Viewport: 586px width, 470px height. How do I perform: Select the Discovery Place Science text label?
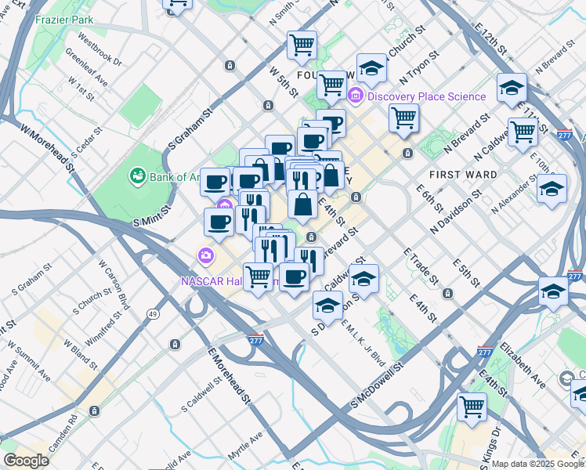426,96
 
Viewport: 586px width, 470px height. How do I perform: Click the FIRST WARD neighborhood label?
462,174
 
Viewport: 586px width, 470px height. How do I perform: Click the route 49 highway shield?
153,314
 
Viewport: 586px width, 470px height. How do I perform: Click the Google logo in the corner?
25,461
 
